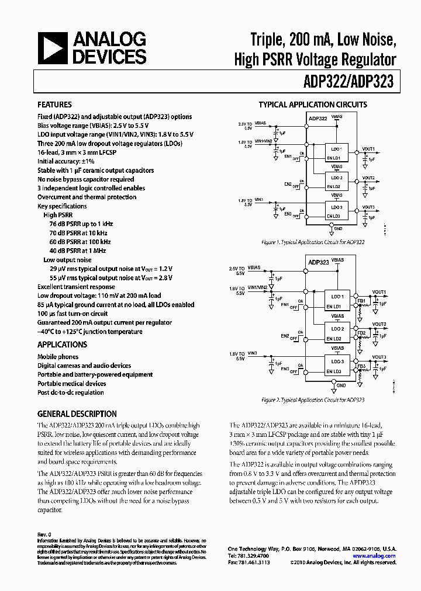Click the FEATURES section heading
tap(54, 105)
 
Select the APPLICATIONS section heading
tap(62, 345)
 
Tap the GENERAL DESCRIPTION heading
tap(77, 413)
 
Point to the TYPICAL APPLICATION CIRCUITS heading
tap(313, 105)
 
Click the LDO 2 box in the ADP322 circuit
tap(336, 177)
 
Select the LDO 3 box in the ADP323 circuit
tap(338, 361)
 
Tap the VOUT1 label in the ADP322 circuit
tap(368, 149)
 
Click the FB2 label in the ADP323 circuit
tap(361, 333)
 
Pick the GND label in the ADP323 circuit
tap(341, 385)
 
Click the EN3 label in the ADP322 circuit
tap(288, 214)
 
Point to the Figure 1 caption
tap(313, 241)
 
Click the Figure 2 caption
tap(313, 400)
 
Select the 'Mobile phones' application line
tap(58, 357)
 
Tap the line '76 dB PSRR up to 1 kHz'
tap(81, 224)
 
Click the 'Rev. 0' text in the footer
tap(44, 534)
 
